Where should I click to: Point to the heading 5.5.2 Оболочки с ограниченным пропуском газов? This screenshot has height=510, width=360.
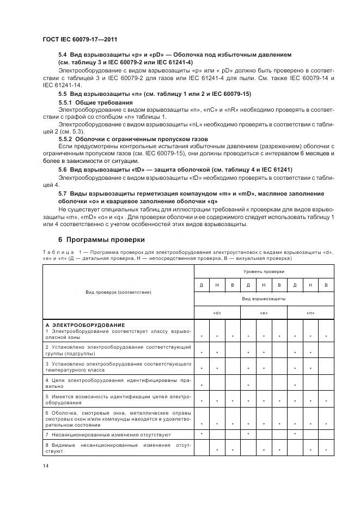point(133,139)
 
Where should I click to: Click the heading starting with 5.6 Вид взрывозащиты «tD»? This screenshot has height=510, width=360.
point(175,170)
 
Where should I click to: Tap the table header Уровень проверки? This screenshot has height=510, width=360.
point(264,271)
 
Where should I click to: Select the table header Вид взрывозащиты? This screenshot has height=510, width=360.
point(264,299)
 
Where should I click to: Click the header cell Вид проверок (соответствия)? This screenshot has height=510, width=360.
point(118,292)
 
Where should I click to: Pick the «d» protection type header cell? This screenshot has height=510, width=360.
point(217,313)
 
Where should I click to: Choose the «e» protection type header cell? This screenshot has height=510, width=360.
point(264,313)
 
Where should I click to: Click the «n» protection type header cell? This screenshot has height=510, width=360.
point(310,313)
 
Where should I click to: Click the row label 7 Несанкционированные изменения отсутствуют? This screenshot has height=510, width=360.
point(108,435)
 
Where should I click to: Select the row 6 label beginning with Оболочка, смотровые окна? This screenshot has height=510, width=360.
point(118,418)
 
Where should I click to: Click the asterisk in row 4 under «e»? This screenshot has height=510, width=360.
point(248,385)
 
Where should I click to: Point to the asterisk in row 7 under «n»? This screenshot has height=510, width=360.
point(295,434)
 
